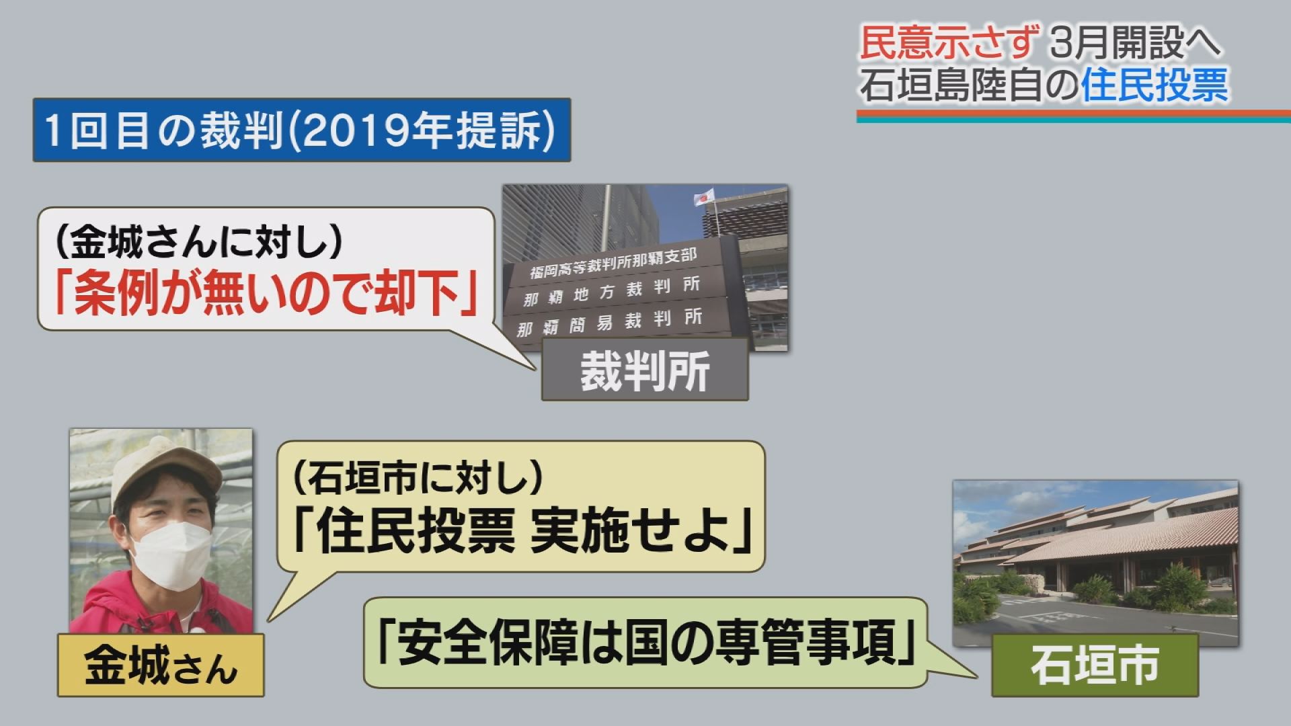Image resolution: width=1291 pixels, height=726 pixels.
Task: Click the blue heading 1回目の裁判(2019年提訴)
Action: (x=301, y=130)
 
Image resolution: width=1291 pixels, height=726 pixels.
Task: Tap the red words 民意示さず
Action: (x=950, y=44)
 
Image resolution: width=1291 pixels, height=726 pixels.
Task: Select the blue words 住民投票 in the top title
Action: (x=1155, y=85)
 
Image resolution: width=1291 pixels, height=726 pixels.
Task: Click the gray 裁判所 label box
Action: (x=645, y=370)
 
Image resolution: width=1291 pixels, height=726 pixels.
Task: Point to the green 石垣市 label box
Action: (x=1095, y=665)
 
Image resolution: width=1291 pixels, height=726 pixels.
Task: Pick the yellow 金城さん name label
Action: (x=161, y=665)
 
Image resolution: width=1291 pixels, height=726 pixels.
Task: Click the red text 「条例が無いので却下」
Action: (x=266, y=294)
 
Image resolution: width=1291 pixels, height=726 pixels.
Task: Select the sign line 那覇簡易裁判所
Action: (x=610, y=323)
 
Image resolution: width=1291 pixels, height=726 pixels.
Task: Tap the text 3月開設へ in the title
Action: (x=1134, y=44)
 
